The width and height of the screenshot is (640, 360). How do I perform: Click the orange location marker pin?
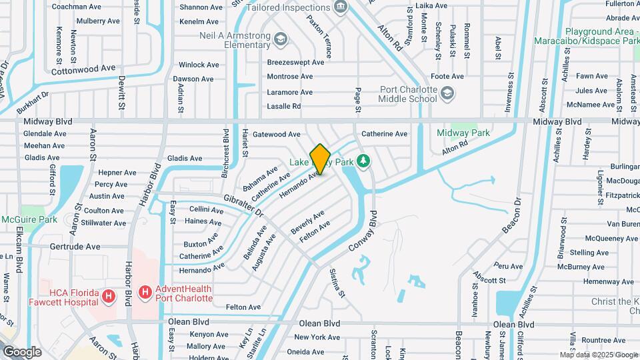point(321,159)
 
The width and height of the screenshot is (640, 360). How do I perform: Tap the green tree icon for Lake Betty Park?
point(363,161)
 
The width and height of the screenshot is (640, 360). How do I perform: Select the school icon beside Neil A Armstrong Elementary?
point(281,40)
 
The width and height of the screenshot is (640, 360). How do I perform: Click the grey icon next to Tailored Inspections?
point(341,7)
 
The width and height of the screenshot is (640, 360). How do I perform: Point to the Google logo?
point(22,351)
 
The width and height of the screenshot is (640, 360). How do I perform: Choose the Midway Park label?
point(463,133)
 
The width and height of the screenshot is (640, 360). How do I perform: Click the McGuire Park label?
point(29,219)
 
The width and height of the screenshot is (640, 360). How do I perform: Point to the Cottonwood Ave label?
point(83,69)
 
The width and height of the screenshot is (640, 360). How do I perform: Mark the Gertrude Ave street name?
point(75,247)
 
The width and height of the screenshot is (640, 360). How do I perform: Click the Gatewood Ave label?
point(277,134)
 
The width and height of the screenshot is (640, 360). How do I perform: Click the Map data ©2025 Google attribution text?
point(598,355)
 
